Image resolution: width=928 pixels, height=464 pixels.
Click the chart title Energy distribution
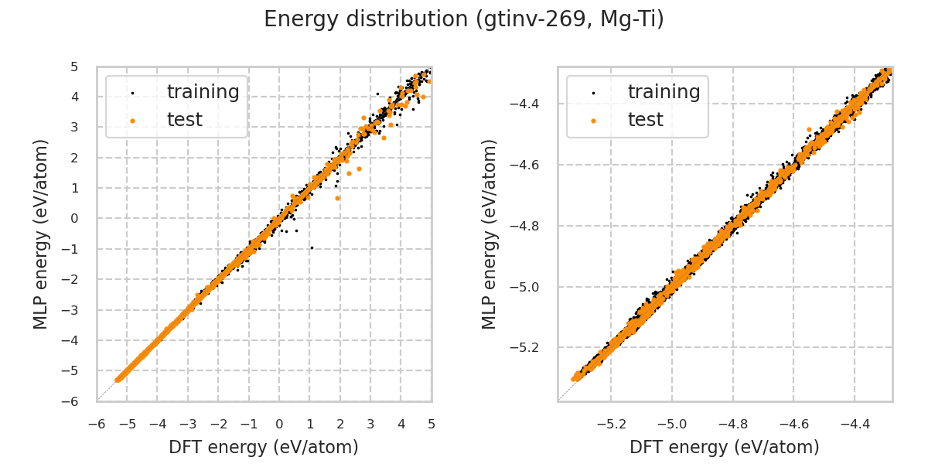point(464,19)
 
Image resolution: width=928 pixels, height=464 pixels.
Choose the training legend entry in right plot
point(664,92)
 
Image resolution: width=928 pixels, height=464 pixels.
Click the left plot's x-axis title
point(264,447)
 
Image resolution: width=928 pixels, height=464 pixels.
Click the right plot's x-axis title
point(725,447)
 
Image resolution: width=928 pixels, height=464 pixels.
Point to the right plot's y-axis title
point(490,234)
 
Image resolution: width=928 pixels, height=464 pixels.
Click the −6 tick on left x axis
point(97,424)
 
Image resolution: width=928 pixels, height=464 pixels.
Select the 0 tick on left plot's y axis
point(75,218)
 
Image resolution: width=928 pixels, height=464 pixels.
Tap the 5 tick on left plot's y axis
point(75,67)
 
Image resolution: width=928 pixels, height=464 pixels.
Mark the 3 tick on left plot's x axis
point(370,424)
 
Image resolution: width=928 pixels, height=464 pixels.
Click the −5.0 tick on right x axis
point(671,424)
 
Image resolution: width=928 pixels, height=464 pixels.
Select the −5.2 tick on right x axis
point(610,424)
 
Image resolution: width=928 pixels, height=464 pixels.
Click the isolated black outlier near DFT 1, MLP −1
point(312,247)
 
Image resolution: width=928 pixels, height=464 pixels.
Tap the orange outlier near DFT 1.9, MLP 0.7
point(337,198)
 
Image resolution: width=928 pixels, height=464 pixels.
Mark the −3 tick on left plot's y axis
point(75,309)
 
